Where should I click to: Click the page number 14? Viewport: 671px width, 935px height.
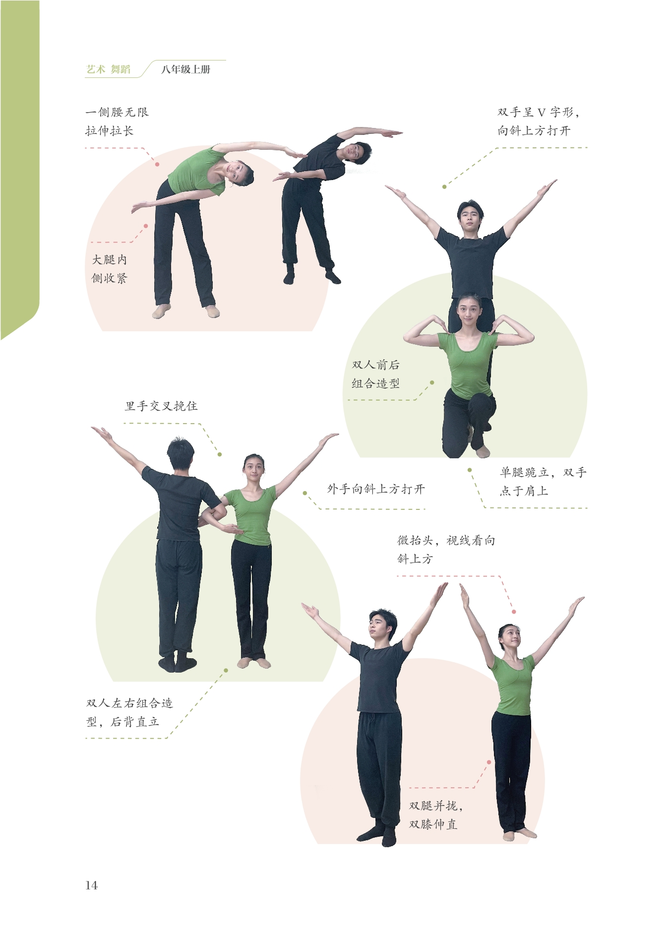[x=92, y=885]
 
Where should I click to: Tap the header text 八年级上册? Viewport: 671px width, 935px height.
[x=186, y=69]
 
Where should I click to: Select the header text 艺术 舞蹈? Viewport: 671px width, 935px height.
[x=109, y=69]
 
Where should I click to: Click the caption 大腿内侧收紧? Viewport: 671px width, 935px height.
[x=110, y=269]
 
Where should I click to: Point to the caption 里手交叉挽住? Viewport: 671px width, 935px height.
[x=161, y=406]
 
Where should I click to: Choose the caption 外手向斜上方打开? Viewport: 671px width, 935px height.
[x=376, y=489]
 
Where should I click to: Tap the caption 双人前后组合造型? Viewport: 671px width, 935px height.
[x=375, y=374]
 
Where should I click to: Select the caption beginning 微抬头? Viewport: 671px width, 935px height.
[x=446, y=550]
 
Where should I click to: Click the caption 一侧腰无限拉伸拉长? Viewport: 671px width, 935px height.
[x=117, y=122]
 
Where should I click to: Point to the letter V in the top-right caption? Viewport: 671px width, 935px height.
[x=542, y=113]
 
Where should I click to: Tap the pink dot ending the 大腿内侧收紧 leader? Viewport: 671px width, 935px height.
[x=146, y=226]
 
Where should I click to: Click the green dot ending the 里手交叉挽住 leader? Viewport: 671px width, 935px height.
[x=220, y=454]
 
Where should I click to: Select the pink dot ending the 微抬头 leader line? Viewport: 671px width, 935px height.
[x=514, y=612]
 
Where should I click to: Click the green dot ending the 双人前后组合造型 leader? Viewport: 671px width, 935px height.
[x=432, y=382]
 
